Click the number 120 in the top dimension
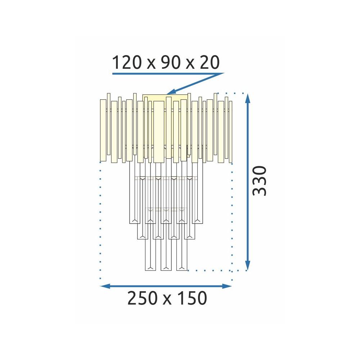126,63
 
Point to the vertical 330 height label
260,181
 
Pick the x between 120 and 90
147,64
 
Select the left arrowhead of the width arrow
104,286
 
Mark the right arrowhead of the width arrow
228,286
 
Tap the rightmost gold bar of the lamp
231,132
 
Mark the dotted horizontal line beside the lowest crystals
209,270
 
